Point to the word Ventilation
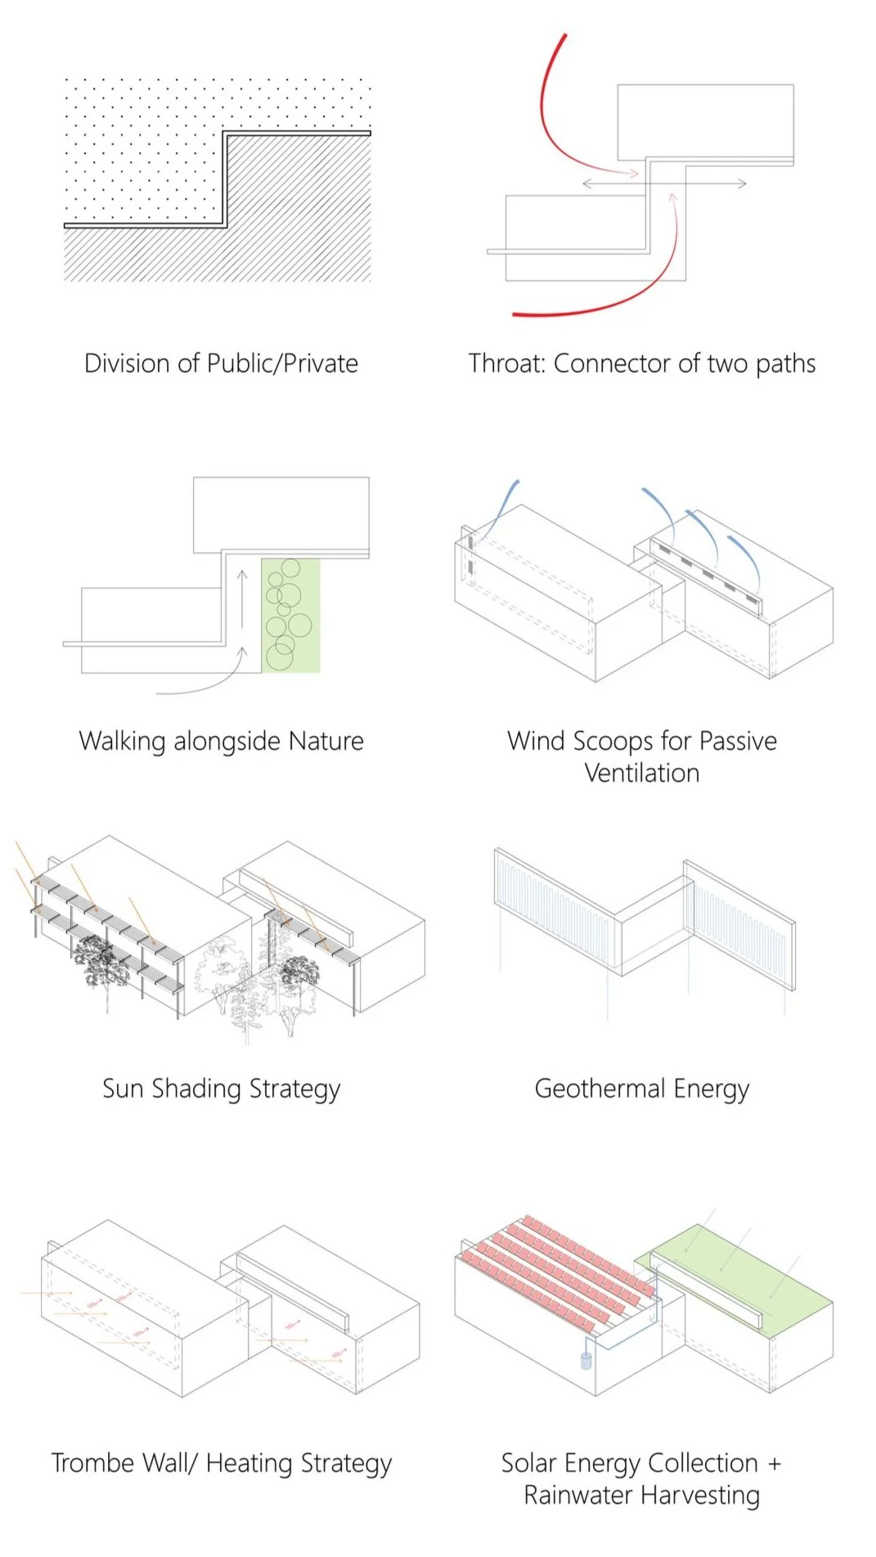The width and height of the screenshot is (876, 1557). coord(642,773)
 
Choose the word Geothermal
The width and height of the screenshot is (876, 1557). coord(600,1088)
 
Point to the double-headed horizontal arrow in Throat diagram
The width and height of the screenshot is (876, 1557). coord(664,184)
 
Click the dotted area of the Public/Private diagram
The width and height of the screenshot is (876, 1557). coord(139,147)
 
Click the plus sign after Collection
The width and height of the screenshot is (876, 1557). coord(774,1463)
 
